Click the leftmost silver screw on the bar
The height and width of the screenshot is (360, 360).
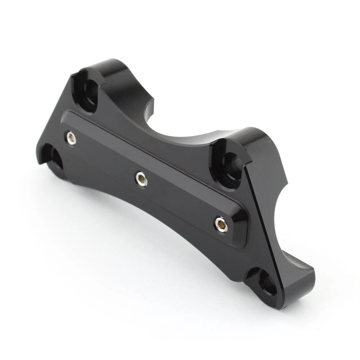[x=71, y=138]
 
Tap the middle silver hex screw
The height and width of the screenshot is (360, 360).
[x=141, y=179]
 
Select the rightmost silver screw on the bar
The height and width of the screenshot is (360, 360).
[x=221, y=225]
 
